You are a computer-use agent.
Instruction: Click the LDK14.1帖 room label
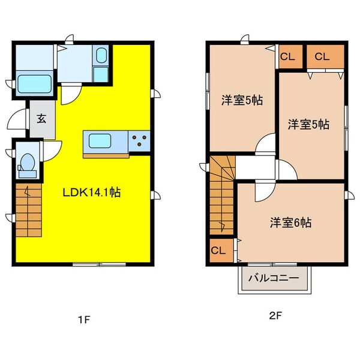coord(92,193)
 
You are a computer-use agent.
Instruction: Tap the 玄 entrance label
coord(41,118)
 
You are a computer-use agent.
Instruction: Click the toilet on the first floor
coord(27,164)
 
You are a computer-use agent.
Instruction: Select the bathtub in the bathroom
coord(35,83)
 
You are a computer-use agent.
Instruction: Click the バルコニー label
coord(274,278)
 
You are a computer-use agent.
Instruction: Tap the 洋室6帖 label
coord(290,223)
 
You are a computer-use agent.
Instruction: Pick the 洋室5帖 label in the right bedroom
coord(307,125)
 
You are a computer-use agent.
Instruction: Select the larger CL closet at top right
coord(322,57)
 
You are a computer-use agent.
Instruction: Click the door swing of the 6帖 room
coord(263,191)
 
